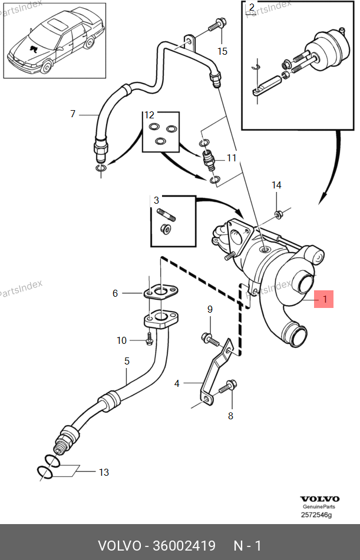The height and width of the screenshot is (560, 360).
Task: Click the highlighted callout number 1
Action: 325,299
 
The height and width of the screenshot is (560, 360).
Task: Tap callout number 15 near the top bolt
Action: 222,51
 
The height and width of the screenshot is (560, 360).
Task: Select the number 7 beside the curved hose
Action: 73,114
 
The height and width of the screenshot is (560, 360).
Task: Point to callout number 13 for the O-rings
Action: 104,472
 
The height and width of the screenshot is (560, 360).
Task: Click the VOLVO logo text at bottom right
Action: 319,499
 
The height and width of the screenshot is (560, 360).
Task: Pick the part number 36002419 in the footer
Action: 184,546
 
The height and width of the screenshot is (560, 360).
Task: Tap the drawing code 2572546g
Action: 316,515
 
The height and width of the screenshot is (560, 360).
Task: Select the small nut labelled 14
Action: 278,215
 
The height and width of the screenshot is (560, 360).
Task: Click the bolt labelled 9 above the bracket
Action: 210,339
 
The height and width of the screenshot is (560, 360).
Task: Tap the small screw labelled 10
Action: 150,339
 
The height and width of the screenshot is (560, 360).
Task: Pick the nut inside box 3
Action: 166,228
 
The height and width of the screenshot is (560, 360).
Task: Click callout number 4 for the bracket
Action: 177,383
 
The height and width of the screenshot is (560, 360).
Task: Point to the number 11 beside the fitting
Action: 232,158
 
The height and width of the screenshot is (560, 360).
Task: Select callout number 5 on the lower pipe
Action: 127,361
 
